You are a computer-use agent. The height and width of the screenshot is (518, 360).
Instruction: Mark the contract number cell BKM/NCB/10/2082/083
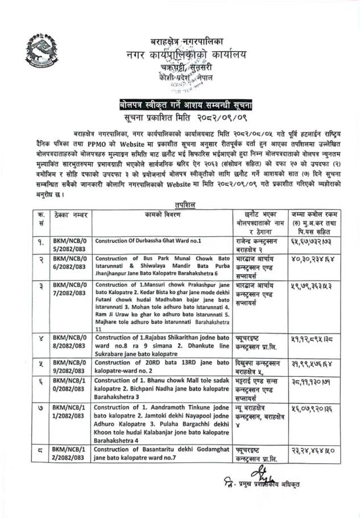point(69,389)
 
